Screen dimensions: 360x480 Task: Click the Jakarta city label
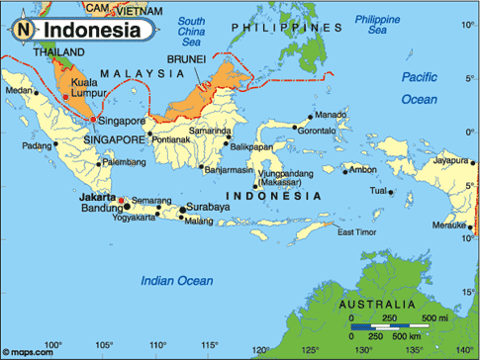pyautogui.click(x=96, y=197)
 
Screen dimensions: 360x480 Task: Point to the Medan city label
pyautogui.click(x=19, y=91)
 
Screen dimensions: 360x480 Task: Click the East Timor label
pyautogui.click(x=357, y=232)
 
